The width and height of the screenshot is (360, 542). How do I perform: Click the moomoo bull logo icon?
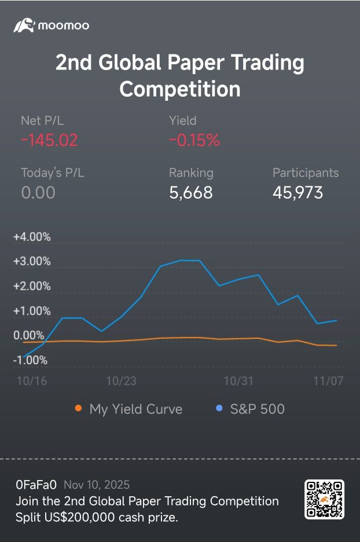pos(24,25)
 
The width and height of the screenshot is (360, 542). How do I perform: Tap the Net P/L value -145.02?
pos(49,140)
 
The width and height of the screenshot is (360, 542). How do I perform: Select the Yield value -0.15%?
pos(194,140)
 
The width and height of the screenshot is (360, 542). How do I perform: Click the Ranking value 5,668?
pos(191,192)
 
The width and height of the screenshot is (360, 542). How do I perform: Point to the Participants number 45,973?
pos(297,192)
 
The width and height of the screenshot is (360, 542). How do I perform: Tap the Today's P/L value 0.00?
pos(38,192)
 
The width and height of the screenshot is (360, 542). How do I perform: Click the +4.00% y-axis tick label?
pos(32,237)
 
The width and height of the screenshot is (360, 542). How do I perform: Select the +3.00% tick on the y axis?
pos(32,261)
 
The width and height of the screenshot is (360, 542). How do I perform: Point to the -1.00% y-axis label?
pos(30,360)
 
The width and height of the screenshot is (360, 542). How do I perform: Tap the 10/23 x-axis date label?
pos(121,381)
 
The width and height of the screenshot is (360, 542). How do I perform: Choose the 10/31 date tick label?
pos(238,381)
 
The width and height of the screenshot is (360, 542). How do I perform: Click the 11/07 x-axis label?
pos(328,381)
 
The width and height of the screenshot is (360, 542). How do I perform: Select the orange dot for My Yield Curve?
pos(78,409)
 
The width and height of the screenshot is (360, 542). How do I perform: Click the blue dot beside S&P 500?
pos(219,409)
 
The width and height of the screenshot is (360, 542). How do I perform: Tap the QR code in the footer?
pos(324,499)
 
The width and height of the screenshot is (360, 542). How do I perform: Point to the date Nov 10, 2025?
pos(97,485)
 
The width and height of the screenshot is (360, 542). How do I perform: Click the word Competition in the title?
pos(179,89)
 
